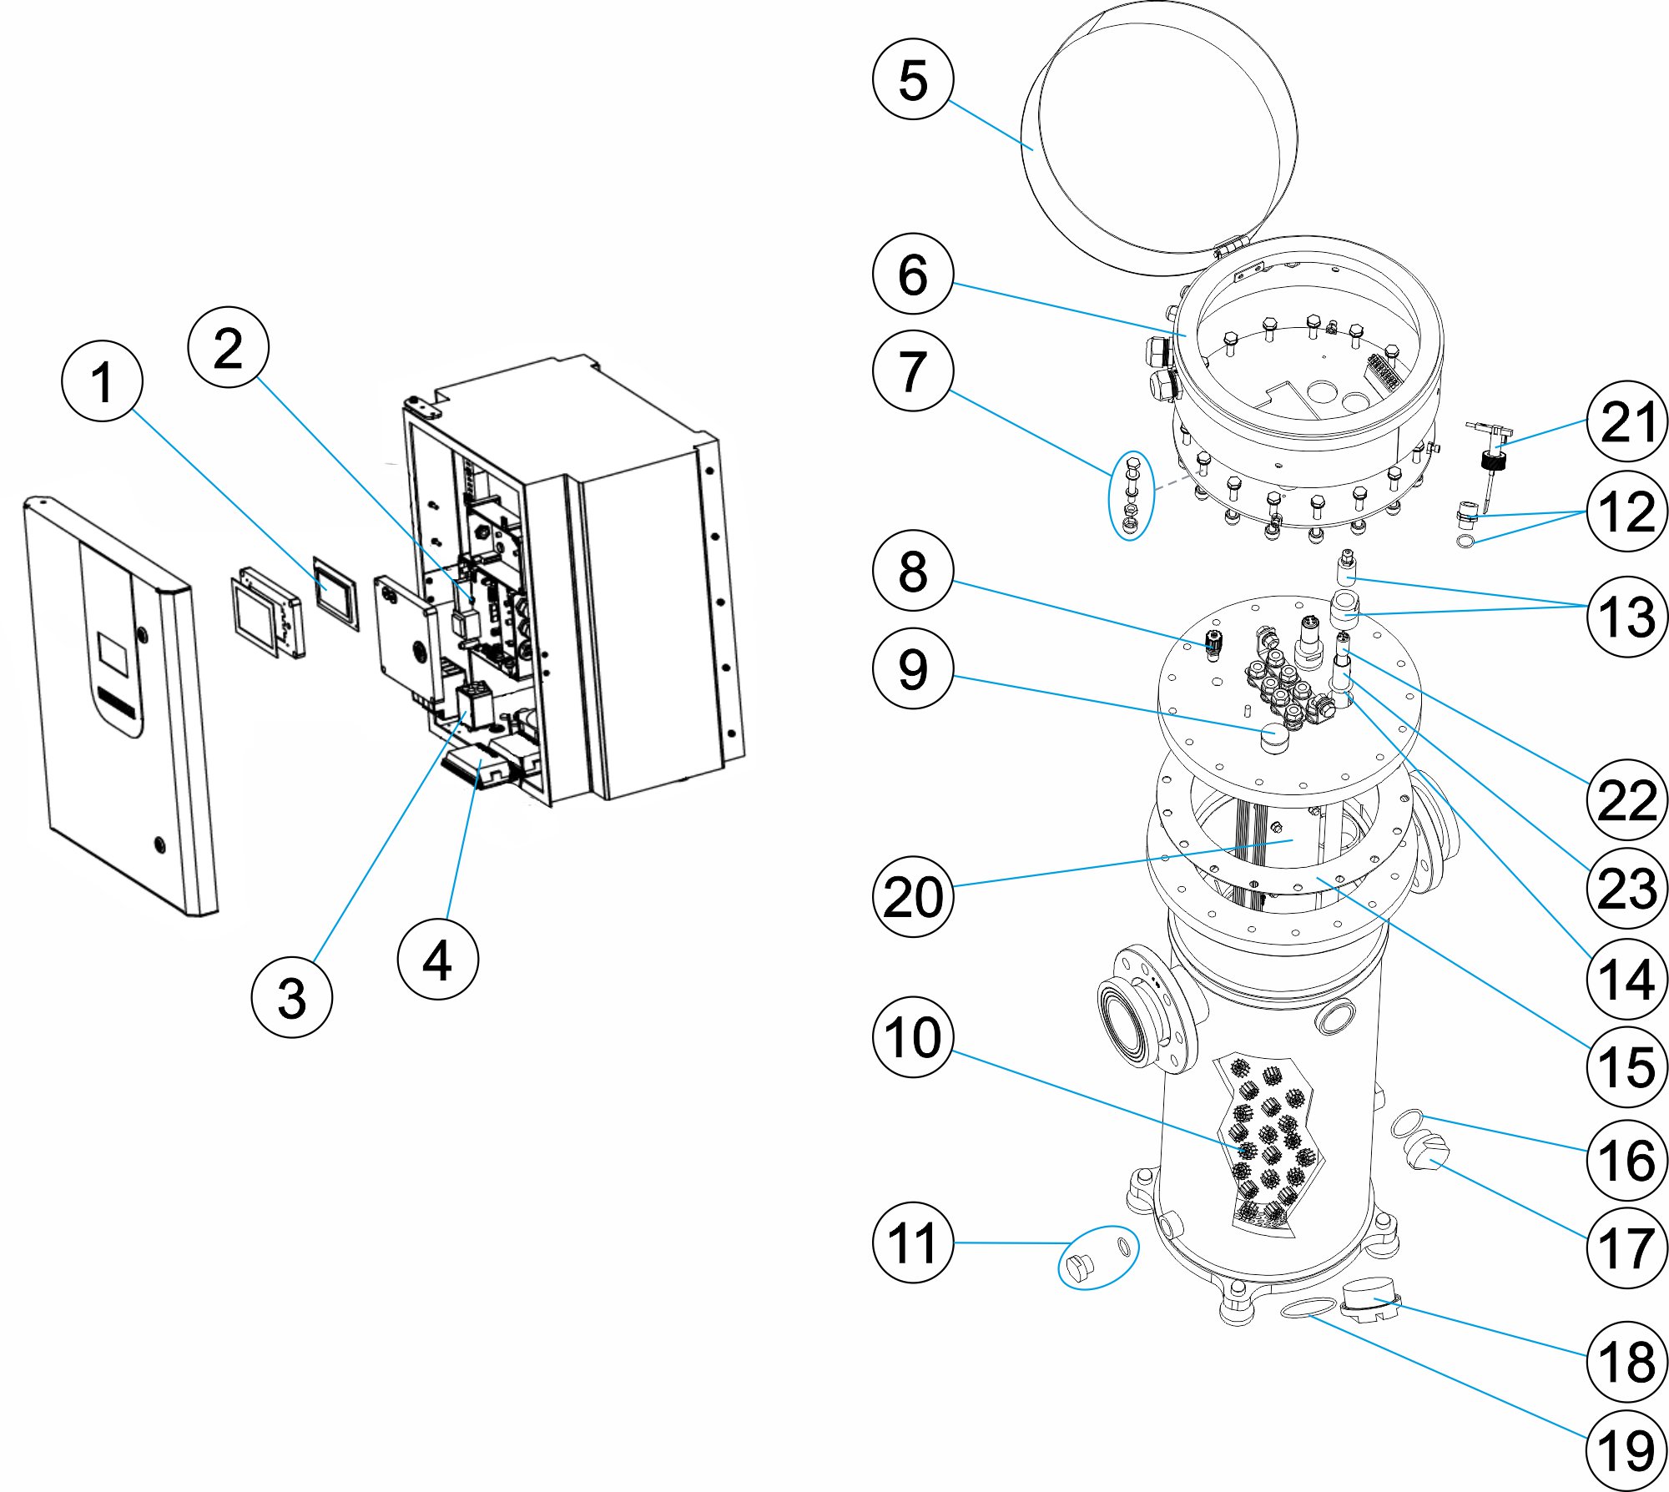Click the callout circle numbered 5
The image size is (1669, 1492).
(913, 79)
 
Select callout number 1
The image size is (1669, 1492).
(102, 381)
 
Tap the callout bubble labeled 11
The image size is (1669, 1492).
(913, 1242)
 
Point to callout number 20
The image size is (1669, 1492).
(913, 897)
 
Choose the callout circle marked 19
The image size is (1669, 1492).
(1626, 1450)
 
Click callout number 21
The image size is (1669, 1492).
(1626, 421)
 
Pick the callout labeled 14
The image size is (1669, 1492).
(1626, 978)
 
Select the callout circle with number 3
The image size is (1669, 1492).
(291, 997)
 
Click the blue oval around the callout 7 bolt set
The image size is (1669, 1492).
(1132, 496)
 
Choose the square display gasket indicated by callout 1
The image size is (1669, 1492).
(335, 593)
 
